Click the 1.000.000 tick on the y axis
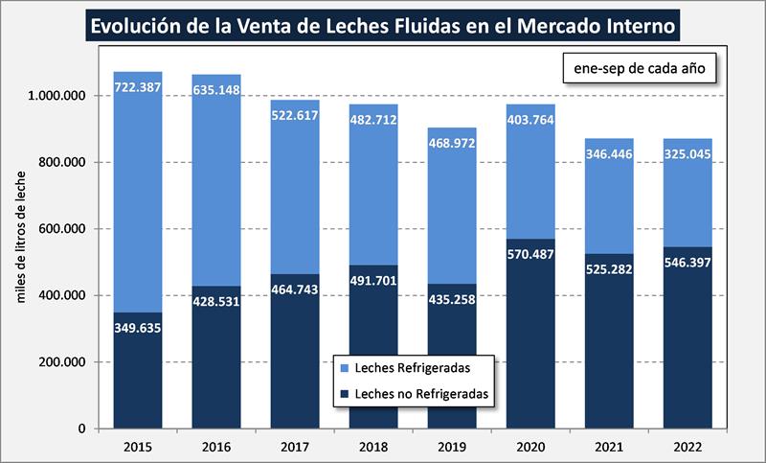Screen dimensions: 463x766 (x=57, y=96)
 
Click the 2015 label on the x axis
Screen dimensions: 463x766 (x=138, y=446)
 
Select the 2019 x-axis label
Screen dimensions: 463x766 (x=452, y=446)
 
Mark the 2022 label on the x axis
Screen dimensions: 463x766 (x=687, y=446)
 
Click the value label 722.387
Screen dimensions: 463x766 (x=138, y=87)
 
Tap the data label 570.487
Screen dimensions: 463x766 (x=530, y=253)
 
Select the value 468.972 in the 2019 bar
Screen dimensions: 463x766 (x=452, y=143)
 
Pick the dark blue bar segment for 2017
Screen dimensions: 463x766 (x=295, y=364)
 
